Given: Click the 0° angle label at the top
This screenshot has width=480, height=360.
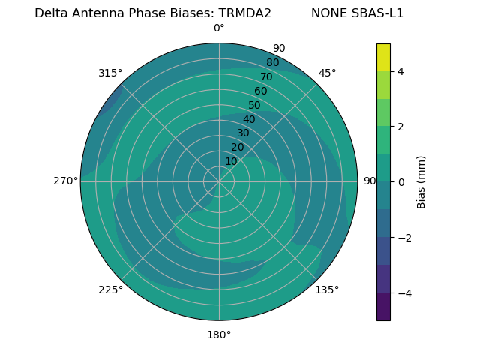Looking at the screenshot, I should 219,28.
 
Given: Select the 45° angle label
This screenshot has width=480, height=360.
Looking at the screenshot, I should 328,73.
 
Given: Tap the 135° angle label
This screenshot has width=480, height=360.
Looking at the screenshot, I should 327,289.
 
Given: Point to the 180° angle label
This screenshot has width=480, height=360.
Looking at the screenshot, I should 219,334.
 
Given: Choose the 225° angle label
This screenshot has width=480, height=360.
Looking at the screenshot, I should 110,289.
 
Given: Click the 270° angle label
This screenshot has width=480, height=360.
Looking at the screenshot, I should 65,181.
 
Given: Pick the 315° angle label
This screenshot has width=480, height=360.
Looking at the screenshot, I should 110,73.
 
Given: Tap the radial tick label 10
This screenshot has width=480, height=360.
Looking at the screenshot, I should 231,161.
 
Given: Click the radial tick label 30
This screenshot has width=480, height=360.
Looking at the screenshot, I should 243,133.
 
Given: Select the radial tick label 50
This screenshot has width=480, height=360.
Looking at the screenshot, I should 255,106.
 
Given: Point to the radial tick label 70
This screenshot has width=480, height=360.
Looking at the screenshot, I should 266,77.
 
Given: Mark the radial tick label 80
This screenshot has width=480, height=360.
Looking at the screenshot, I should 272,63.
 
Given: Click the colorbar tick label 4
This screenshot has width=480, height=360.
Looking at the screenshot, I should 401,71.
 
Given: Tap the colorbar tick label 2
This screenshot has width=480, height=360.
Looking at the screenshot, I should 401,127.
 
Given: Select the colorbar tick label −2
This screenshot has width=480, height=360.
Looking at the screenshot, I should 398,238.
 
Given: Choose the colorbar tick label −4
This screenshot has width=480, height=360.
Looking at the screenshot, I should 398,293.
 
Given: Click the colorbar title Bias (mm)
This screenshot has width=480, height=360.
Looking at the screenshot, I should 421,181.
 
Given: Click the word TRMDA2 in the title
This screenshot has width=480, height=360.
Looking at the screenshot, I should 244,13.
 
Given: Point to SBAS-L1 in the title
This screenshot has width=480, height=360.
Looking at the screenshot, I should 378,13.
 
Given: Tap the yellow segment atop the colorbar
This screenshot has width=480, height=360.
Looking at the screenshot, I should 383,57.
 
